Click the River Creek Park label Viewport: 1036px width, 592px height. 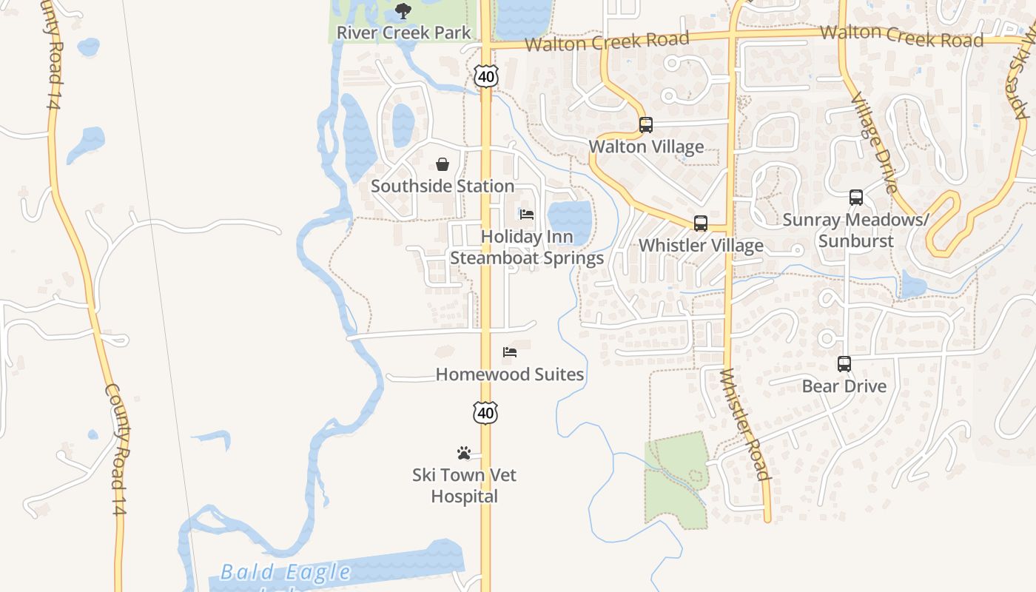pos(403,33)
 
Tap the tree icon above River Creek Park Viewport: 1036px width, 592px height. pos(403,10)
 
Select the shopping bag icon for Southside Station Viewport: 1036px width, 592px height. pos(443,164)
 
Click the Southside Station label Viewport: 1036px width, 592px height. pos(443,186)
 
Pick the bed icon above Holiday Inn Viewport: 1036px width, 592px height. pos(527,215)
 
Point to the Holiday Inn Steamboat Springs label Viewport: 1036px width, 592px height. pos(527,247)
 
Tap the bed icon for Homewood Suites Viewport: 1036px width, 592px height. pos(510,352)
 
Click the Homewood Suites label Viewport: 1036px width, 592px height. pos(510,374)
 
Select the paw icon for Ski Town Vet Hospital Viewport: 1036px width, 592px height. pos(464,452)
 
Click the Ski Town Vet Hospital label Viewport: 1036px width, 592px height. pos(464,485)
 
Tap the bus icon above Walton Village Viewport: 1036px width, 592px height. pos(646,125)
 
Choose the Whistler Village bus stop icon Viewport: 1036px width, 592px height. pos(701,223)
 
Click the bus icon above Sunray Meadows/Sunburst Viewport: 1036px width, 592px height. pos(856,198)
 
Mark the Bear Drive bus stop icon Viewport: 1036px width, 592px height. pos(844,364)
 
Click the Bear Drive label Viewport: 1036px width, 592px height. pos(844,386)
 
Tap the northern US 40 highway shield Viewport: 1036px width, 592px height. pos(486,76)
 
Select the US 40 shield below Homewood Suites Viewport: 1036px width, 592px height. pos(485,413)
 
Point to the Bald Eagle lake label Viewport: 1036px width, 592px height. pos(286,572)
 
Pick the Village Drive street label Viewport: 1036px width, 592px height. pos(873,143)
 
